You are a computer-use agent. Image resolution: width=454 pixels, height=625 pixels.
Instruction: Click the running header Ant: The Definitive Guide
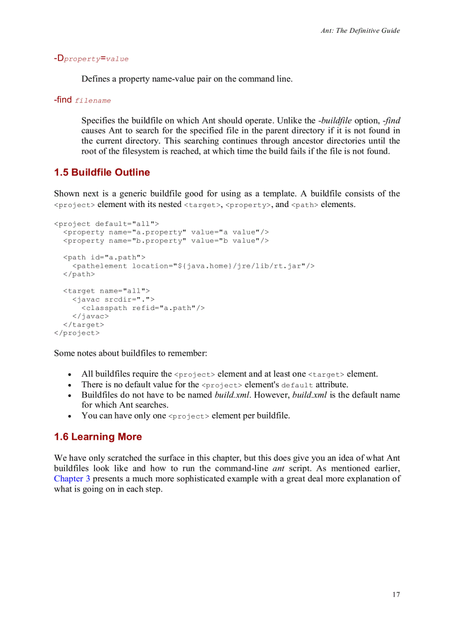[360, 31]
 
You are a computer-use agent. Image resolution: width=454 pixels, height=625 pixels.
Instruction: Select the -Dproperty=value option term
[91, 58]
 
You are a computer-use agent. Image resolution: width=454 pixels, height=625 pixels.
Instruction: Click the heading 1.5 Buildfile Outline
[102, 173]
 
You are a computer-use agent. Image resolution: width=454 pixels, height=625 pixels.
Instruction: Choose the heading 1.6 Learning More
[98, 437]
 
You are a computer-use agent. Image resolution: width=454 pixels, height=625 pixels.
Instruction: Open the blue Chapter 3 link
[72, 479]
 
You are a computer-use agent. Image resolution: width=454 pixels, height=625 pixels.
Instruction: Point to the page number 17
[396, 594]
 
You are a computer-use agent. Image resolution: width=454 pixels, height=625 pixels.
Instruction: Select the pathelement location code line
[193, 265]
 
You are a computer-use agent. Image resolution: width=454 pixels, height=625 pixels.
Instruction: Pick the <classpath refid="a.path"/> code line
[143, 308]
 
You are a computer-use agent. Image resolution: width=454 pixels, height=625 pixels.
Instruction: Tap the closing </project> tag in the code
[77, 333]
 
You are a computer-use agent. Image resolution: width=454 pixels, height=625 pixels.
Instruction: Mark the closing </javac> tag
[91, 316]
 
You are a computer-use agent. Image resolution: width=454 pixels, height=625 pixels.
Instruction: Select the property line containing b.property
[166, 240]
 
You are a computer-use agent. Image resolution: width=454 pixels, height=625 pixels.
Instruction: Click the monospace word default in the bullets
[297, 385]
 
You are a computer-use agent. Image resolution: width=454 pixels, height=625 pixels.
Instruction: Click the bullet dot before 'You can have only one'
[68, 416]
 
